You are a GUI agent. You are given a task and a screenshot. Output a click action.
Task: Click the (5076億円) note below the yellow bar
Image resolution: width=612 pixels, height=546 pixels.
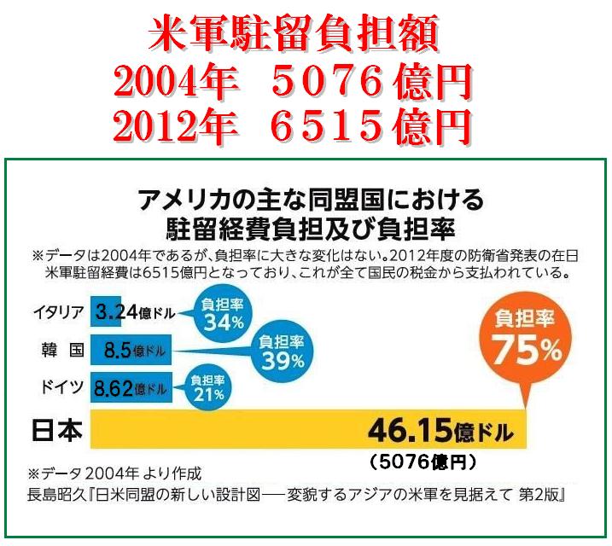pyautogui.click(x=423, y=462)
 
